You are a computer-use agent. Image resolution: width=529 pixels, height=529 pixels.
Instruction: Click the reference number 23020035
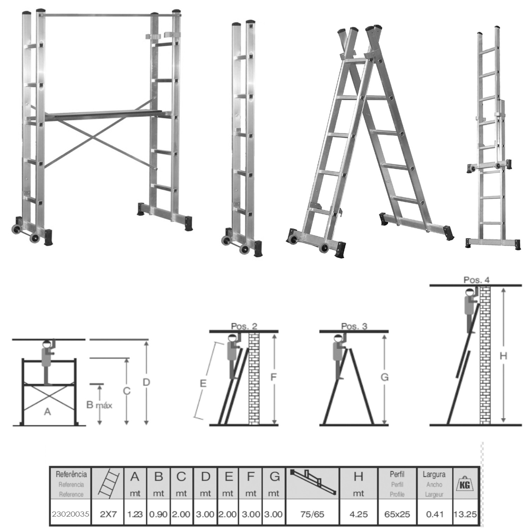(x=70, y=515)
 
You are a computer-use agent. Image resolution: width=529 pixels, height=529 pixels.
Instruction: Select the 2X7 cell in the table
(x=108, y=515)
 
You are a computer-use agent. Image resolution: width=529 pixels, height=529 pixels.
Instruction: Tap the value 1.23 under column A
(x=135, y=515)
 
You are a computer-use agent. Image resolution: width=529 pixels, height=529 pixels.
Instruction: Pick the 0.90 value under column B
(x=158, y=515)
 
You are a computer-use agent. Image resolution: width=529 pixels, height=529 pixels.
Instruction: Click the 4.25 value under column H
(x=359, y=515)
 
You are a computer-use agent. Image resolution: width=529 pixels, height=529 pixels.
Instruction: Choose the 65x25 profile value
(x=397, y=515)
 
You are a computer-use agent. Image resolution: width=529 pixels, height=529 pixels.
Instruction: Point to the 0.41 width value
(x=435, y=515)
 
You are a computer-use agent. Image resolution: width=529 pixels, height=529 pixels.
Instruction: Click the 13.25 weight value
(x=465, y=515)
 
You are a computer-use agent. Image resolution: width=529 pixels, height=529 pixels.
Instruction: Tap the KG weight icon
(x=465, y=484)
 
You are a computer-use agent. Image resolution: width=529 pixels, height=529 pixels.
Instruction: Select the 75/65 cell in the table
(x=313, y=515)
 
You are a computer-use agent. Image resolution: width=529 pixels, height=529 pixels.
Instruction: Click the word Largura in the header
(x=434, y=475)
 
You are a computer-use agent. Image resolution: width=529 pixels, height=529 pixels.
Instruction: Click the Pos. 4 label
(x=476, y=280)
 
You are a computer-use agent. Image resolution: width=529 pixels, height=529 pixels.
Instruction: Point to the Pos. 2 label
(x=244, y=326)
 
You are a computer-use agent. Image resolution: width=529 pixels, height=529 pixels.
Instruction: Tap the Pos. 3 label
(x=354, y=326)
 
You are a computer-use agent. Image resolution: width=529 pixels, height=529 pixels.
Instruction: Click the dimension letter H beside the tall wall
(x=503, y=356)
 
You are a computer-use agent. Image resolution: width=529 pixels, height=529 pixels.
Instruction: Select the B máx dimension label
(x=99, y=405)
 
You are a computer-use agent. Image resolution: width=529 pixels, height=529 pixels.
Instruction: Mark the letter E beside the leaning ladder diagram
(x=203, y=383)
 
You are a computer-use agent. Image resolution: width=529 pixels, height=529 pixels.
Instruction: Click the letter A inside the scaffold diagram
(x=47, y=411)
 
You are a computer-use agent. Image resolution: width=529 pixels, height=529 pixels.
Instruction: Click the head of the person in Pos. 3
(x=337, y=339)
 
